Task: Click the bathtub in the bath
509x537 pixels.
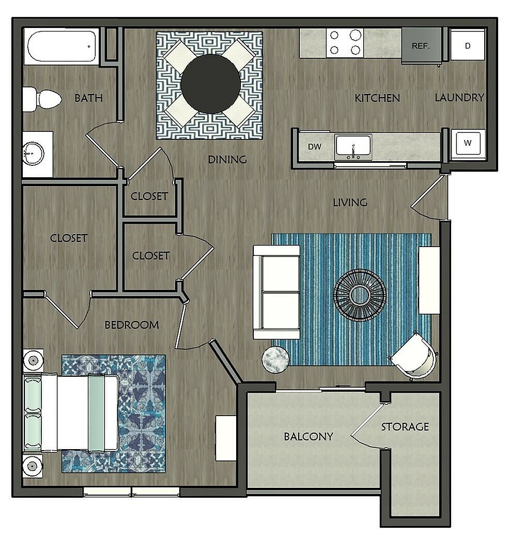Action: click(x=61, y=47)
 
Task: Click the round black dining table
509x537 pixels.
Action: click(x=210, y=84)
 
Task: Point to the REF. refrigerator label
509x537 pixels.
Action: click(x=421, y=45)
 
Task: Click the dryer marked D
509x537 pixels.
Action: click(x=468, y=45)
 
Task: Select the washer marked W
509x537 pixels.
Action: click(x=467, y=143)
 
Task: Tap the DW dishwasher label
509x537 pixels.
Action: click(x=315, y=147)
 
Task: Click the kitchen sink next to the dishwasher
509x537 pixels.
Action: click(x=353, y=146)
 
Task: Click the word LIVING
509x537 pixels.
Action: click(x=350, y=202)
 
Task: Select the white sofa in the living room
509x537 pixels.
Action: click(x=276, y=293)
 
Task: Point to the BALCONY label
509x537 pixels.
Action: click(x=308, y=436)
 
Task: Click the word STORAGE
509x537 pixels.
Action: click(x=405, y=426)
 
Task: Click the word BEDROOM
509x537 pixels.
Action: click(x=131, y=325)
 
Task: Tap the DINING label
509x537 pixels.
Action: click(x=227, y=160)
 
